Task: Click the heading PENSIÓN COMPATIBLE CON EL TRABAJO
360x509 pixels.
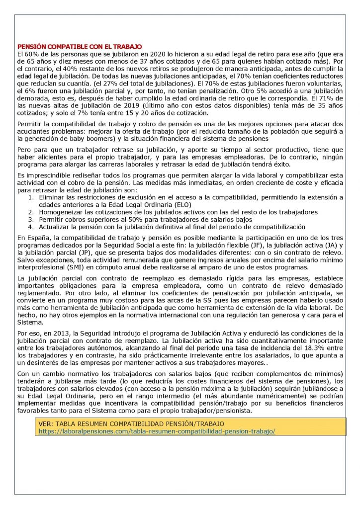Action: (80, 46)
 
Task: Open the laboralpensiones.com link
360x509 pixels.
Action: (157, 431)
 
